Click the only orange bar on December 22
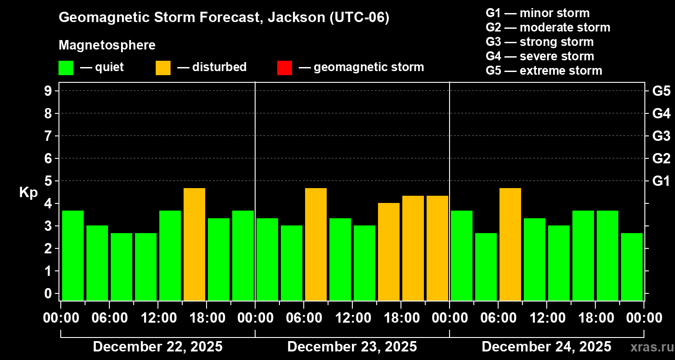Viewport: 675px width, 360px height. [x=194, y=244]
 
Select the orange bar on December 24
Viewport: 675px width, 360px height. [x=510, y=244]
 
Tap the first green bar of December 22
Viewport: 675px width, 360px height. [x=73, y=255]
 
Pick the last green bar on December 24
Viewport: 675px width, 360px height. [x=632, y=266]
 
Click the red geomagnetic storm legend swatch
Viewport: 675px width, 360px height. [x=284, y=68]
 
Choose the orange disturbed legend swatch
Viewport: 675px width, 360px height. [x=163, y=68]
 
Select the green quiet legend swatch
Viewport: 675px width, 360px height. [x=66, y=68]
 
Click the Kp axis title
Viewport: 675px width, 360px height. [x=28, y=193]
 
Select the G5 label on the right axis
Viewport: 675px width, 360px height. [x=661, y=91]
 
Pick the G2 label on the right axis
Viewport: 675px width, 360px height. [x=661, y=159]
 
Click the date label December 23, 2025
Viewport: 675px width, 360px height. [x=352, y=347]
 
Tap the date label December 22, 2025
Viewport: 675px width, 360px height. [x=157, y=347]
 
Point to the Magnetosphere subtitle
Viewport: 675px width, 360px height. [x=107, y=45]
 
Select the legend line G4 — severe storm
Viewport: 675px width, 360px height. [x=540, y=56]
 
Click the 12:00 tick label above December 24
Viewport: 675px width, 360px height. [x=547, y=318]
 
